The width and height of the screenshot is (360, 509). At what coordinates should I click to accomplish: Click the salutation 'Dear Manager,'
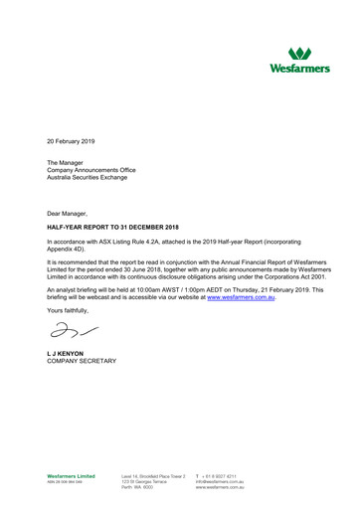pos(71,213)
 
